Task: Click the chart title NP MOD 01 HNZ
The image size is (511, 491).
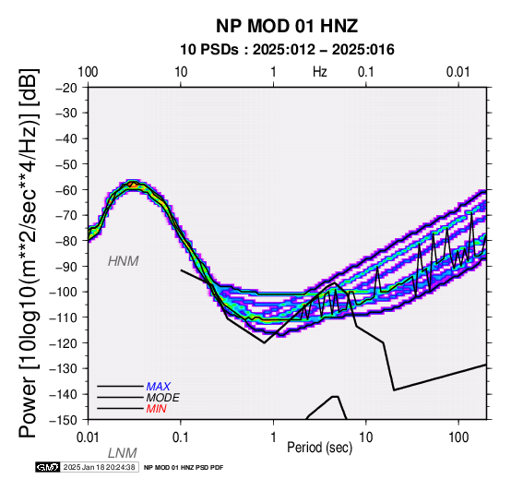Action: (287, 26)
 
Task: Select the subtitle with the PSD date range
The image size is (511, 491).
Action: (287, 50)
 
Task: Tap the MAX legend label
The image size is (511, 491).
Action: (158, 387)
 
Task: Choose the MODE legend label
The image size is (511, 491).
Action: (162, 398)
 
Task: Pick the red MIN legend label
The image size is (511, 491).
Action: (156, 409)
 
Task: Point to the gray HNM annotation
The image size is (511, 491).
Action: (124, 261)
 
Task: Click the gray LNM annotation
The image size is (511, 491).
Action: (122, 453)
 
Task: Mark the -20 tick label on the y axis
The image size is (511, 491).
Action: (66, 88)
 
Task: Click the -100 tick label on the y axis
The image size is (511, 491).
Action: (63, 292)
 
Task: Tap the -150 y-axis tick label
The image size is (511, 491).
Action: (63, 420)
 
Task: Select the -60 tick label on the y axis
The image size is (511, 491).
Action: (66, 190)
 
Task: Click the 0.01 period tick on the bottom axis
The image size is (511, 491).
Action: (88, 437)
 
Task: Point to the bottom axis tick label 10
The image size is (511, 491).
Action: (366, 437)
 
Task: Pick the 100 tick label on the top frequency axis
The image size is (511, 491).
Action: (88, 72)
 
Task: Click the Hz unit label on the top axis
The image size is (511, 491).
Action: (320, 72)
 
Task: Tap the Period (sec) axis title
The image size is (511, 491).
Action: (320, 448)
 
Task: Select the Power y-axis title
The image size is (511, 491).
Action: (29, 254)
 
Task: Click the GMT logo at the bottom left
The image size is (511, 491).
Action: (48, 467)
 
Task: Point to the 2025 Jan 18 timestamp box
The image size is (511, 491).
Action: (100, 467)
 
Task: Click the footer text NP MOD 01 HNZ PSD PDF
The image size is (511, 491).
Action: (184, 468)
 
